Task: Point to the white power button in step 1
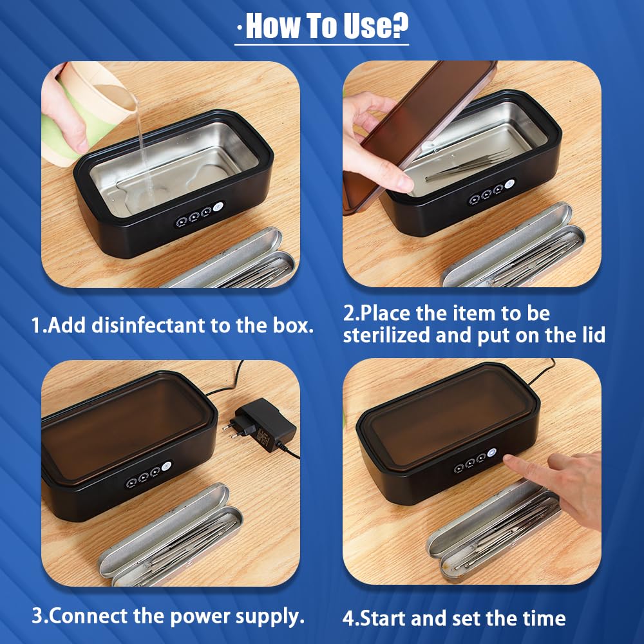[x=218, y=207]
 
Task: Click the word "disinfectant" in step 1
[x=147, y=325]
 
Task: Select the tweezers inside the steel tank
[x=468, y=166]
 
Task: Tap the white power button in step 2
[x=509, y=184]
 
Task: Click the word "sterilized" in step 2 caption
[x=386, y=335]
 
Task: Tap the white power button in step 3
[x=166, y=466]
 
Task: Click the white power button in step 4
[x=491, y=453]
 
